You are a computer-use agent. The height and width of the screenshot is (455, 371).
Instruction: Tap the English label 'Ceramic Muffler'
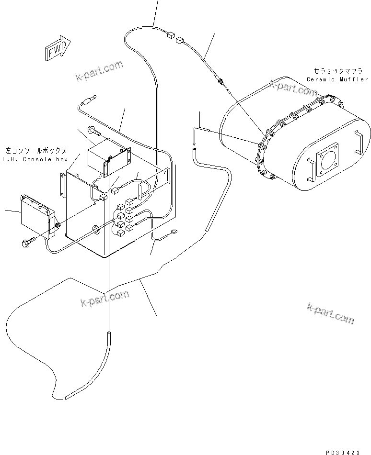click(x=337, y=79)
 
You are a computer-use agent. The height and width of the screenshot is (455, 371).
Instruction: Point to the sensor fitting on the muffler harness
click(x=221, y=82)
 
